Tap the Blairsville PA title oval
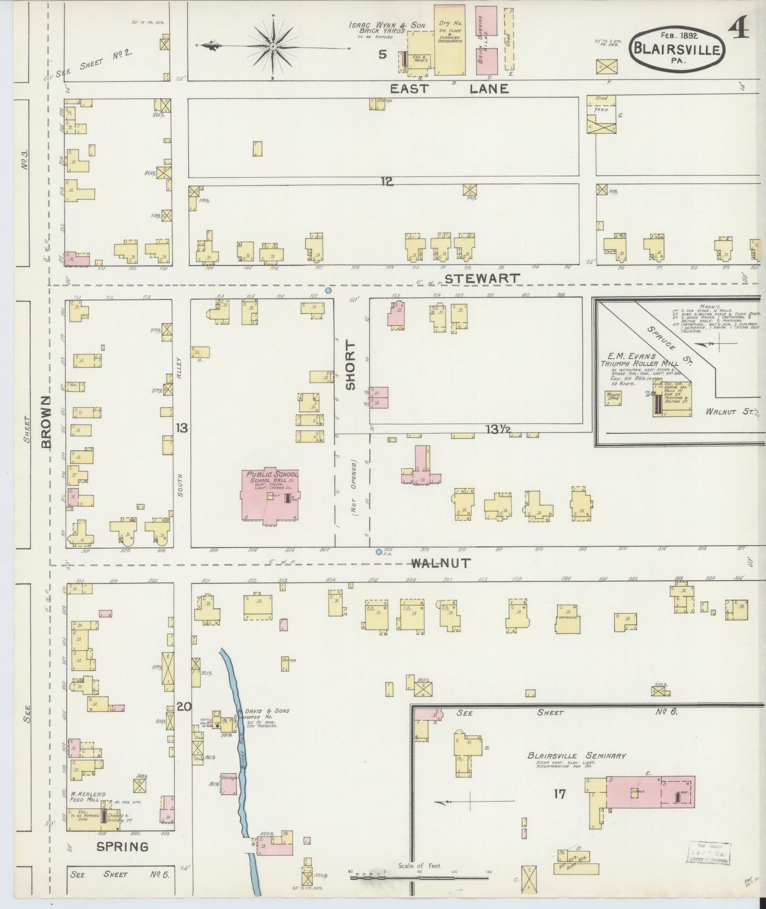(676, 49)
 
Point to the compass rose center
(273, 47)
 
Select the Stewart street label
(482, 278)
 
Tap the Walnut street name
(441, 563)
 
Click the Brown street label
(48, 421)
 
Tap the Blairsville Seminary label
(569, 756)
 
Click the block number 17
(559, 794)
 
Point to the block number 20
(183, 706)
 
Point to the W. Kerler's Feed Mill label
(88, 798)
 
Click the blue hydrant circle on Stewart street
(328, 290)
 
